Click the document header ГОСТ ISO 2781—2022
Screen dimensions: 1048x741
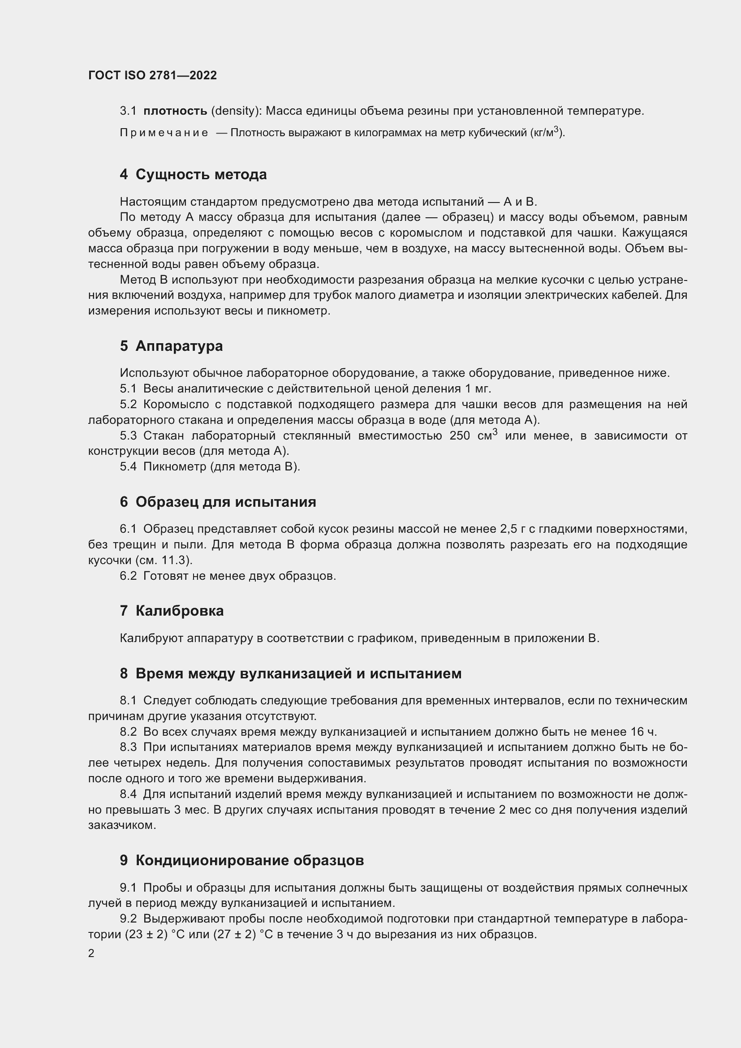click(152, 75)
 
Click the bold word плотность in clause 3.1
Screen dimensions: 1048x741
click(175, 111)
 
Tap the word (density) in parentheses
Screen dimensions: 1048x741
click(236, 111)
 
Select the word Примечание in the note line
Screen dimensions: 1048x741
click(164, 133)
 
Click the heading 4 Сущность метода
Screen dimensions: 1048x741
click(193, 174)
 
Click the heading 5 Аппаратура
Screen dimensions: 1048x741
click(171, 346)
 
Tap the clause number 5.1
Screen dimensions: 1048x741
click(128, 389)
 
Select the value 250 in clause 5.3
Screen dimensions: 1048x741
click(460, 436)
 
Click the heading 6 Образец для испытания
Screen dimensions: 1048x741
click(218, 502)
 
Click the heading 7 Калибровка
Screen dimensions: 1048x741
click(172, 611)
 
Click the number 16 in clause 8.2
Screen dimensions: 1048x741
click(638, 732)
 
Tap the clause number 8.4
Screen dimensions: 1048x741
click(128, 794)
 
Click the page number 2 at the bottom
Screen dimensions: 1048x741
click(91, 953)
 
